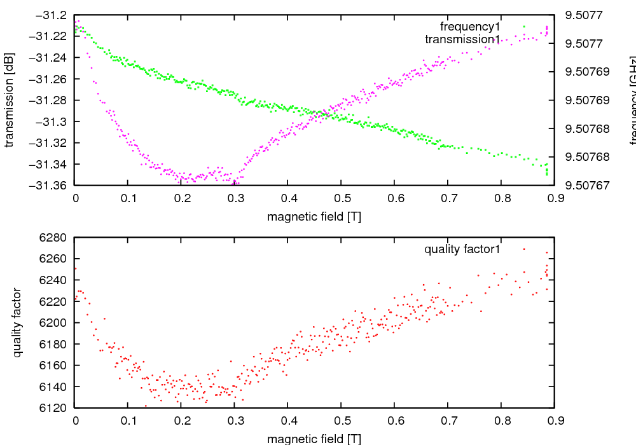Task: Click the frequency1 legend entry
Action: (x=470, y=27)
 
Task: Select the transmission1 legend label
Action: (x=462, y=39)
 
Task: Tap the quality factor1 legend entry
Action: (x=462, y=249)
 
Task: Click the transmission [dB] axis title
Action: (x=9, y=100)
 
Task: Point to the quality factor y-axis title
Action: (x=17, y=322)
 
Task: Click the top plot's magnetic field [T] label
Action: (x=314, y=217)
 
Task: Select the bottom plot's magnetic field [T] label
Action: (x=314, y=439)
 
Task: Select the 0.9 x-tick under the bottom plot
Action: (x=554, y=421)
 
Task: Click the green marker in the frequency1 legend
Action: (x=524, y=26)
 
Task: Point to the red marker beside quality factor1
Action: (x=524, y=249)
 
